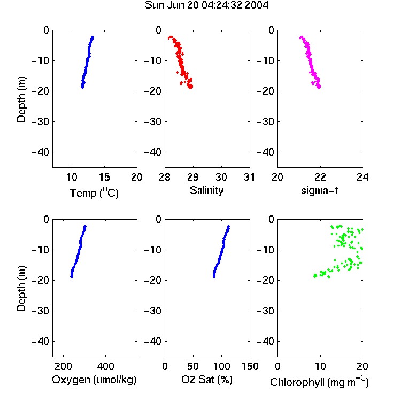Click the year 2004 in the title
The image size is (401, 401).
pyautogui.click(x=257, y=5)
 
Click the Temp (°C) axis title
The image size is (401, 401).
pyautogui.click(x=94, y=192)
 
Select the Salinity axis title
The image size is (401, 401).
pyautogui.click(x=206, y=190)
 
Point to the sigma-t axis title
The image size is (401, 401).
pyautogui.click(x=319, y=190)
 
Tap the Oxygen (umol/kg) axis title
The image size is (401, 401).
pyautogui.click(x=94, y=380)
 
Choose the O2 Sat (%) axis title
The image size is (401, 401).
pyautogui.click(x=207, y=380)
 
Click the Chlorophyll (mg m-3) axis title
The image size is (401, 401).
pyautogui.click(x=319, y=382)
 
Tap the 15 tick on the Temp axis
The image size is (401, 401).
pyautogui.click(x=104, y=177)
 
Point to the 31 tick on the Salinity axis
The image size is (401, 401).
pyautogui.click(x=249, y=177)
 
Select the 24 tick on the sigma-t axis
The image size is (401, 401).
pyautogui.click(x=363, y=177)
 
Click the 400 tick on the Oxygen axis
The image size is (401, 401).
pyautogui.click(x=105, y=366)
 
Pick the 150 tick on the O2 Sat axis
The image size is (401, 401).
pyautogui.click(x=250, y=366)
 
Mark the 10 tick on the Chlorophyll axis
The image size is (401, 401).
pyautogui.click(x=320, y=366)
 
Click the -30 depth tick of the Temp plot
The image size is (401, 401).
pyautogui.click(x=40, y=121)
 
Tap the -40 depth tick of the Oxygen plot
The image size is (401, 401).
pyautogui.click(x=40, y=341)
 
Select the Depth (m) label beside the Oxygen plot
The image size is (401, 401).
pyautogui.click(x=21, y=289)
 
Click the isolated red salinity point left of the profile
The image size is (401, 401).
pyautogui.click(x=177, y=72)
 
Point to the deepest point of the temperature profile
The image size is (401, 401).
pyautogui.click(x=82, y=88)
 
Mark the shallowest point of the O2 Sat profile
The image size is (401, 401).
pyautogui.click(x=229, y=226)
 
